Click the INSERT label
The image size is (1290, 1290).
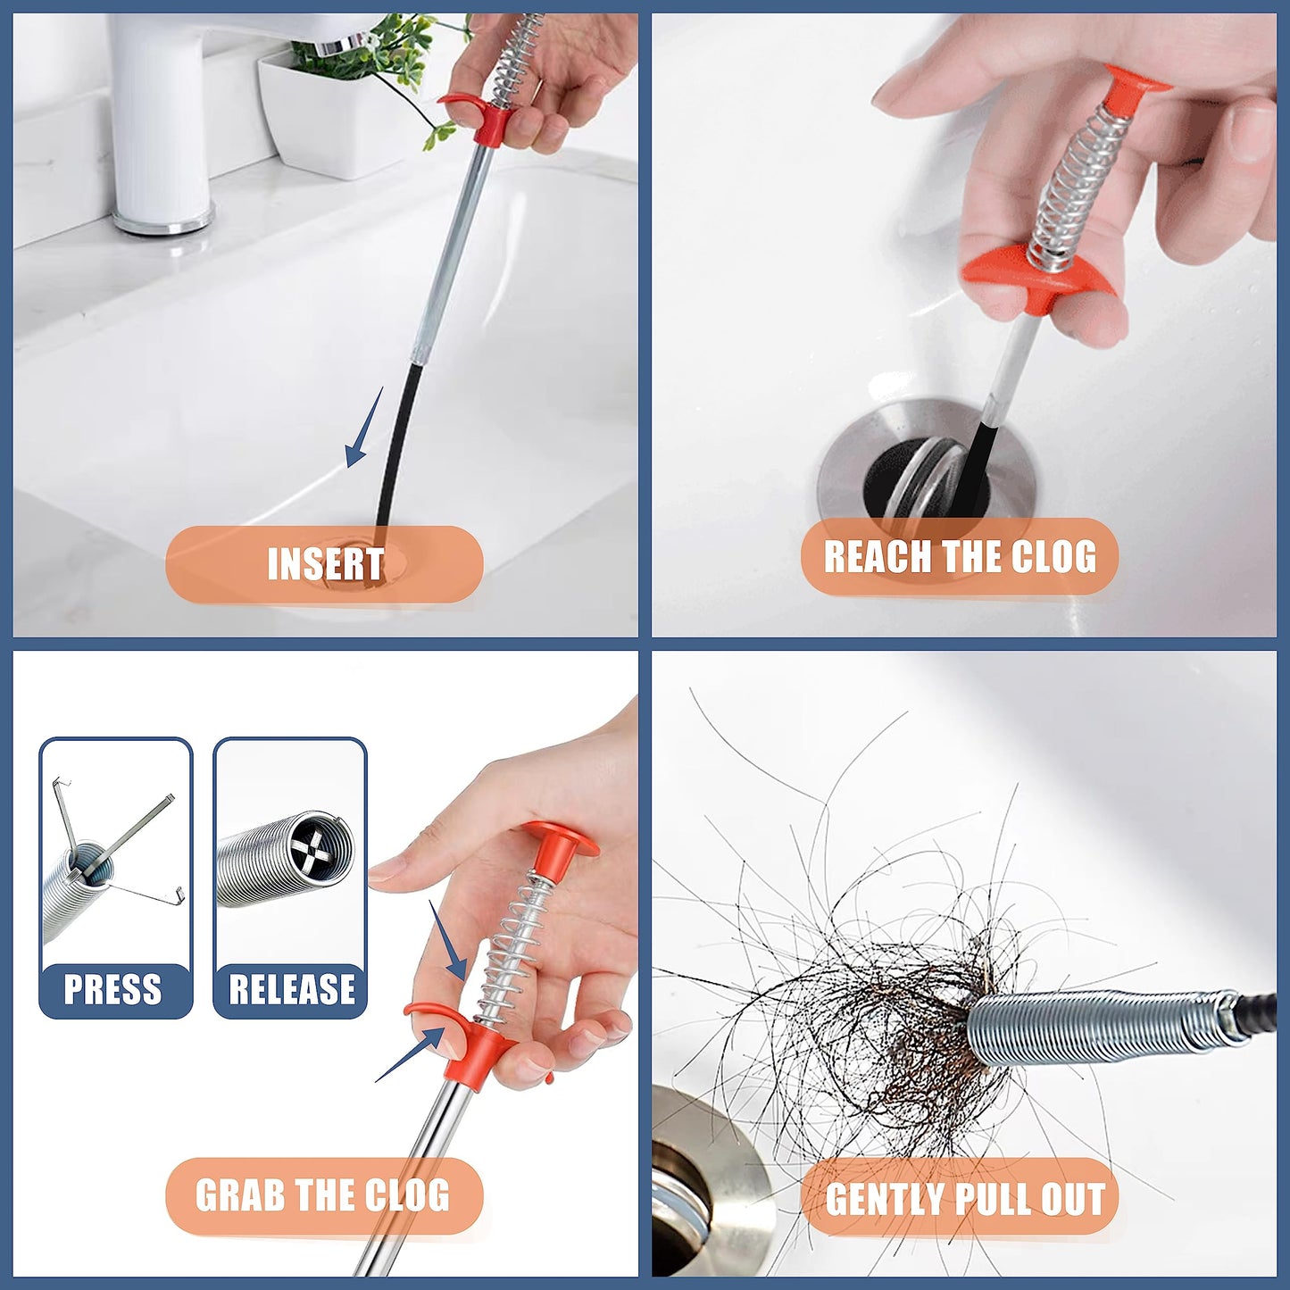(325, 564)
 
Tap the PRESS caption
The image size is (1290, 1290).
(113, 989)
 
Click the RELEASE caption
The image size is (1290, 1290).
(291, 989)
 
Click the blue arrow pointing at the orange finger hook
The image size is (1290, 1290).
(412, 1054)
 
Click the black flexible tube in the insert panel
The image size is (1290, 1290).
(398, 446)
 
